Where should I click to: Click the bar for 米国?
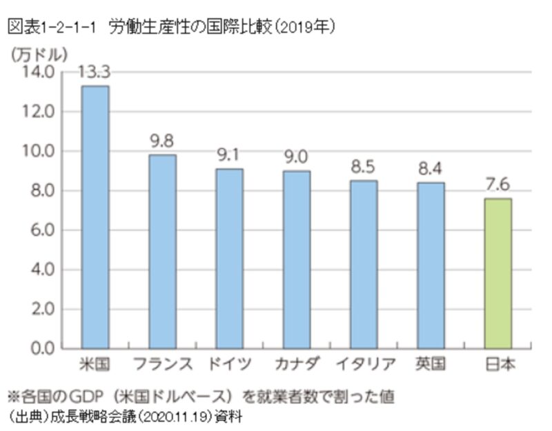coord(95,217)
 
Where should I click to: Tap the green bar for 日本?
coord(497,273)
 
